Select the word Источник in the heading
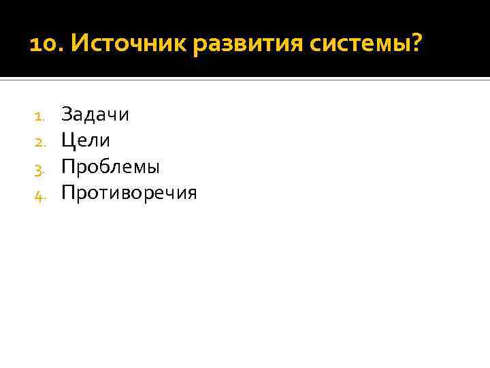129,46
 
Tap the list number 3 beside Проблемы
39,168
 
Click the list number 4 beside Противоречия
39,195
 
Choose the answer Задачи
95,114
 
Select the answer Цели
86,140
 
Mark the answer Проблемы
110,167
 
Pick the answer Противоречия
129,194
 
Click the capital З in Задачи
66,114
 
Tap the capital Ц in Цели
67,140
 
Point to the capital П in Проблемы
67,166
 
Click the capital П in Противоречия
67,193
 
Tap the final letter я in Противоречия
191,194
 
